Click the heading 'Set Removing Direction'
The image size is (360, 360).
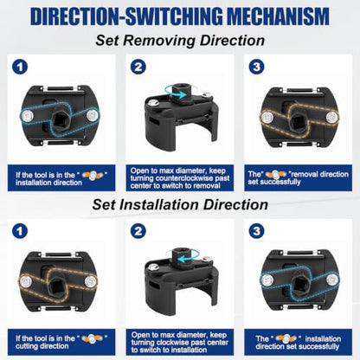click(x=180, y=41)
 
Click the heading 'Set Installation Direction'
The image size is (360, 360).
click(x=180, y=204)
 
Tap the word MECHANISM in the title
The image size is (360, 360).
click(x=278, y=16)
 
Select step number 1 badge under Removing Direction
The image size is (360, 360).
click(x=20, y=67)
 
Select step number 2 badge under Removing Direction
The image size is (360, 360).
click(x=138, y=67)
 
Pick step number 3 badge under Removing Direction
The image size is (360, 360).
click(x=256, y=67)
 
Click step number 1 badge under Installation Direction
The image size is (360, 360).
click(x=20, y=231)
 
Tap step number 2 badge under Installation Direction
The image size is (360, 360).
click(x=138, y=231)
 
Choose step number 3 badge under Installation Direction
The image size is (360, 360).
click(x=256, y=231)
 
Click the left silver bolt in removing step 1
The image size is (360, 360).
click(x=28, y=116)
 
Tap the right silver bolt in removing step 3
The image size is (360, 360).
click(x=332, y=117)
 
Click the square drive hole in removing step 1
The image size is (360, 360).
click(x=61, y=118)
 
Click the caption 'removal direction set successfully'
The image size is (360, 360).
click(x=298, y=178)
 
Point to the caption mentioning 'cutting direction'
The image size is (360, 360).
click(x=61, y=342)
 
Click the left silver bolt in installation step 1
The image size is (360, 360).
click(x=27, y=280)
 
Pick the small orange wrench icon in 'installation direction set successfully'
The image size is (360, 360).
click(x=286, y=337)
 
